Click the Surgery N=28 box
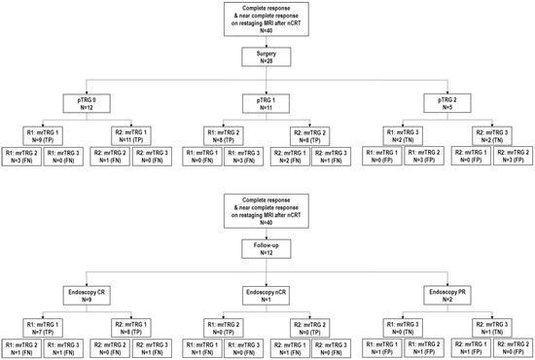point(267,55)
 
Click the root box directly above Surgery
point(267,18)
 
